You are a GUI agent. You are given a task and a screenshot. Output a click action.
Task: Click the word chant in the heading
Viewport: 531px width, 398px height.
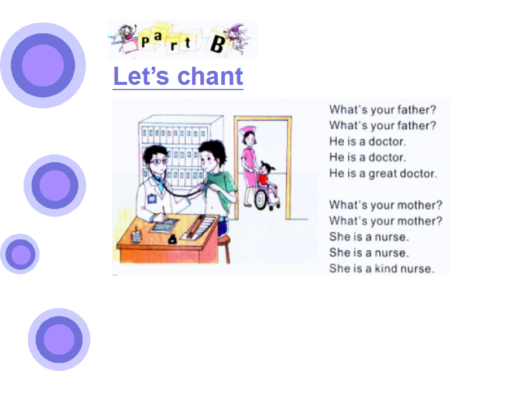210,76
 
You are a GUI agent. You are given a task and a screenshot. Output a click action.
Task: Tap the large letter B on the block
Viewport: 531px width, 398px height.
217,44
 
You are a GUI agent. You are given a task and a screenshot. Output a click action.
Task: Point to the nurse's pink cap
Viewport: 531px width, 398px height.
247,130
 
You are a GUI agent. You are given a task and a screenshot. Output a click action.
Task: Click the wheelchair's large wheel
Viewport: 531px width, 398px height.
261,200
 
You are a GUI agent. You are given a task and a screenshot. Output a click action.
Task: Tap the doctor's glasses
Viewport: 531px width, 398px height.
158,162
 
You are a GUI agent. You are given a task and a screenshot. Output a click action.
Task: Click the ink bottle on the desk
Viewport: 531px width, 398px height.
172,239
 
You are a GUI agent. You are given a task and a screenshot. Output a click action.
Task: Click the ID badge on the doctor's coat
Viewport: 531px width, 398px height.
152,198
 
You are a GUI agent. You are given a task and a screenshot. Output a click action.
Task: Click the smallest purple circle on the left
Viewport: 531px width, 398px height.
20,254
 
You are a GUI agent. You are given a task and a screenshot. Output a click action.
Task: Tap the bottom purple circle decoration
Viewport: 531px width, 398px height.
59,339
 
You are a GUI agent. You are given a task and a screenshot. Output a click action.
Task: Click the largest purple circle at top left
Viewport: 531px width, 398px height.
43,66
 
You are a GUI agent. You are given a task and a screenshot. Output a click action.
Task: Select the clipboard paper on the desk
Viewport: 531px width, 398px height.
164,225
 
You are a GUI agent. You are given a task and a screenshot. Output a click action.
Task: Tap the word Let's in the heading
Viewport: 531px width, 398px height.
141,76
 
